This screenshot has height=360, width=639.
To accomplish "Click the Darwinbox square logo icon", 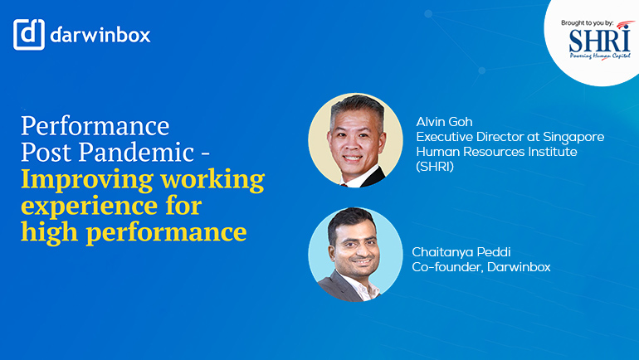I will point(28,35).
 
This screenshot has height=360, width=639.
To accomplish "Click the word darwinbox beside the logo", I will point(100,36).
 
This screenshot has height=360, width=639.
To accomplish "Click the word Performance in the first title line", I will point(95,126).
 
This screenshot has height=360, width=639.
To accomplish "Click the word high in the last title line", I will point(50,232).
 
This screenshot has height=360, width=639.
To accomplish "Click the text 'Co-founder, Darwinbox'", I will point(481,267).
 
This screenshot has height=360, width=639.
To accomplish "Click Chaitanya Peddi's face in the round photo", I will point(349,246).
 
